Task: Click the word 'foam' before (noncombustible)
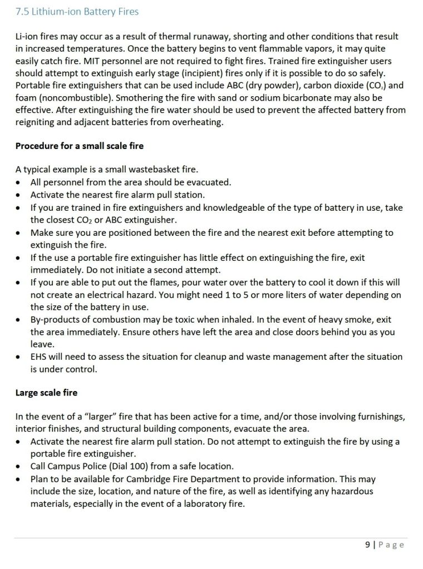[26, 97]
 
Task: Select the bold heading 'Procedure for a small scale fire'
[79, 146]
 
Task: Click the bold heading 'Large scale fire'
[46, 393]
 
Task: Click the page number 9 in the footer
[367, 545]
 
